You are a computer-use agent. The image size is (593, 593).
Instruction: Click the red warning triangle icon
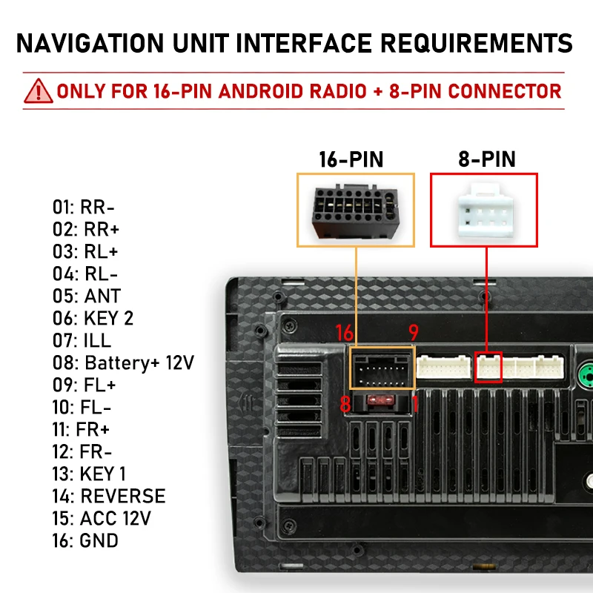(38, 91)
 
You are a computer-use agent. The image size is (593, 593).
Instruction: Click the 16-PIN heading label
(351, 159)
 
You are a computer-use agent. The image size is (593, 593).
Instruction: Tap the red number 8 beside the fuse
(344, 404)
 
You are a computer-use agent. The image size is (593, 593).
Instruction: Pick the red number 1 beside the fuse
(416, 404)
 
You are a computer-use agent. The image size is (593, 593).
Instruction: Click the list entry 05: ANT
(86, 296)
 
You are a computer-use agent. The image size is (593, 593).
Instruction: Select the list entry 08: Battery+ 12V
(123, 362)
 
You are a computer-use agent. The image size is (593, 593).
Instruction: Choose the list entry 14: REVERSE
(108, 496)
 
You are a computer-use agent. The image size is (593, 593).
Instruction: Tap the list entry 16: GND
(85, 540)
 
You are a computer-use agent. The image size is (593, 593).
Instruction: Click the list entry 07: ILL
(82, 340)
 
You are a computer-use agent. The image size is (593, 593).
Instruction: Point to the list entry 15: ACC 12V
(101, 518)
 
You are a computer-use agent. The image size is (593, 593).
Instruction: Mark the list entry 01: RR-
(83, 207)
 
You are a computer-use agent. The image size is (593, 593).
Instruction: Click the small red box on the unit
(488, 366)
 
